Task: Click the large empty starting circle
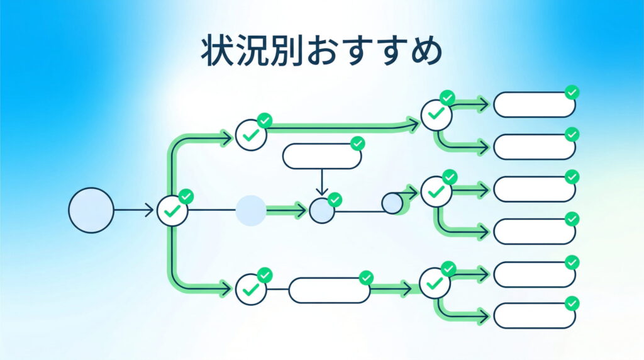coord(91,210)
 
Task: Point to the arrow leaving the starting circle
coord(133,210)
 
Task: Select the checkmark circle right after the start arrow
coord(172,210)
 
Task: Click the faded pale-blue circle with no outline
coord(251,210)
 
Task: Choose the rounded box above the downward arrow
coord(321,156)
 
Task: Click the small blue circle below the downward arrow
coord(322,211)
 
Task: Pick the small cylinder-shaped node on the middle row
coord(392,203)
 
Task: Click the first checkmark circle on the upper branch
coord(251,134)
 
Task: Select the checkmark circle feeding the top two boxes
coord(436,115)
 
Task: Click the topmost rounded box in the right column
coord(534,104)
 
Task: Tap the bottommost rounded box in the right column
coord(534,315)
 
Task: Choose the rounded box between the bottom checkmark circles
coord(329,290)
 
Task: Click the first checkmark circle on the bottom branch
coord(251,290)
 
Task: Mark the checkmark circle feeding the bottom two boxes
coord(435,283)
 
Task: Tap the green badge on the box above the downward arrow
coord(358,143)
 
